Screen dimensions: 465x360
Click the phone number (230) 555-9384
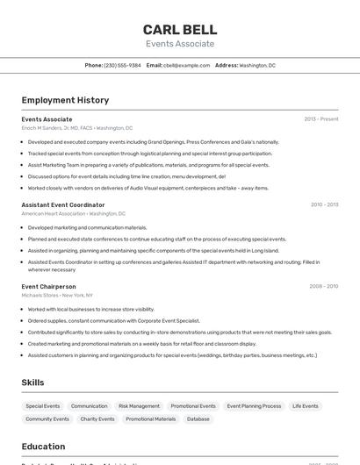122,65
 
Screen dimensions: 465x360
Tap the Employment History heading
65,100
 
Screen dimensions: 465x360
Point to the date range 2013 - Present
320,119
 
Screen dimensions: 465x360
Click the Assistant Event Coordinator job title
63,204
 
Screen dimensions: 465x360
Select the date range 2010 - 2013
324,204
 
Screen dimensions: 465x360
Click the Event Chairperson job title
48,286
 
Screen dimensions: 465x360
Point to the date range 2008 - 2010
323,286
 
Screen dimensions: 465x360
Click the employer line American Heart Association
74,213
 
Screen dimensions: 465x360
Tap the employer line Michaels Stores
57,296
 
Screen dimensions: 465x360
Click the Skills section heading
32,383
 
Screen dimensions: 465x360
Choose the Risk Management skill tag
139,406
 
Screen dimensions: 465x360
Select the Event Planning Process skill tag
254,406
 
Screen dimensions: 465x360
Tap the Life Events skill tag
306,406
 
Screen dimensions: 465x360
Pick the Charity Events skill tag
97,419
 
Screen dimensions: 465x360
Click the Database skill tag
198,419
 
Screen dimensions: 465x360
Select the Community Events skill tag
47,419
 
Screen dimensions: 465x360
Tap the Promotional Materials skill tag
150,419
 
